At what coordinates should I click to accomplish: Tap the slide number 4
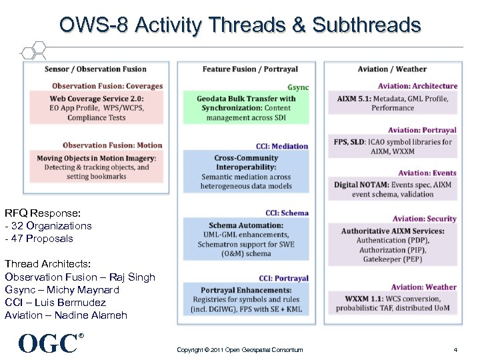[x=455, y=349]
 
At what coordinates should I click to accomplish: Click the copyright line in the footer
[x=240, y=349]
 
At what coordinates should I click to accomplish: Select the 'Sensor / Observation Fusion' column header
[x=95, y=69]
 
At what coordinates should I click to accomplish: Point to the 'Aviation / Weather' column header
[x=392, y=69]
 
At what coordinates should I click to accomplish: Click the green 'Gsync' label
[x=298, y=87]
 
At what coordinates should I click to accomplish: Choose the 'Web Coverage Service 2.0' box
[x=97, y=107]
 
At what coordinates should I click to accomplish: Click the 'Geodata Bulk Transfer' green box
[x=246, y=108]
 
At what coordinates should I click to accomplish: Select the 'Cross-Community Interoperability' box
[x=246, y=172]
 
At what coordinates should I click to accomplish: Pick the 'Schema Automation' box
[x=246, y=239]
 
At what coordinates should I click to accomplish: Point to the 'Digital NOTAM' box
[x=393, y=189]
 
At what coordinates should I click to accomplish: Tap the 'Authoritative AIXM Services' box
[x=393, y=245]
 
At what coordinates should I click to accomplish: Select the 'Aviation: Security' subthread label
[x=424, y=219]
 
